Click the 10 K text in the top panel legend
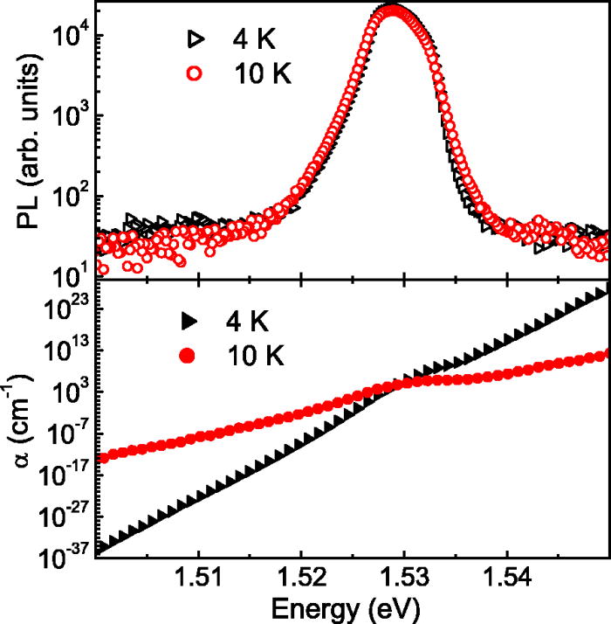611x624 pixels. tap(261, 74)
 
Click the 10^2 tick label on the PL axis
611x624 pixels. tap(68, 196)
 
